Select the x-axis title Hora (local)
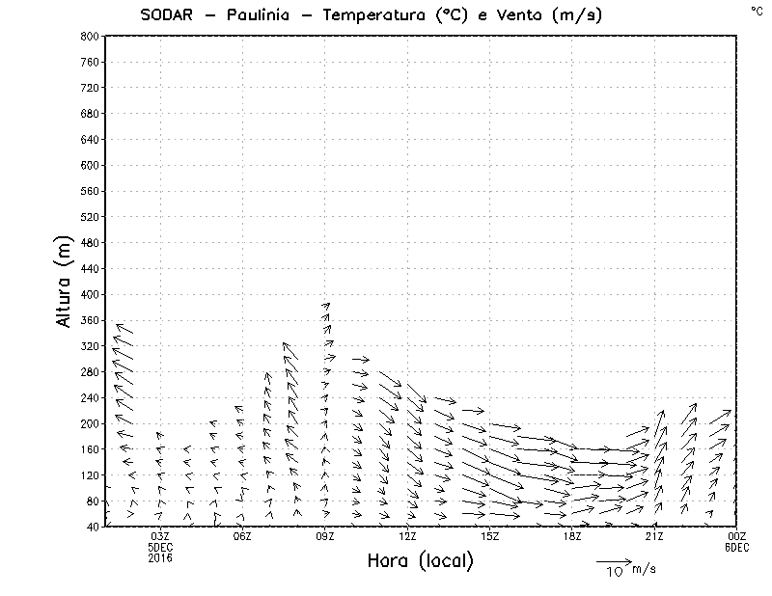pos(420,561)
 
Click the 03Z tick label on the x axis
pos(160,536)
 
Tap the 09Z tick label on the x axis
pos(324,536)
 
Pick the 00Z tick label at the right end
pos(737,536)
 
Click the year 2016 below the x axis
pos(160,557)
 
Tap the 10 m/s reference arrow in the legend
pos(614,560)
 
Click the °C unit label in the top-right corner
pos(757,11)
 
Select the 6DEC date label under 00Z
pos(737,547)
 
